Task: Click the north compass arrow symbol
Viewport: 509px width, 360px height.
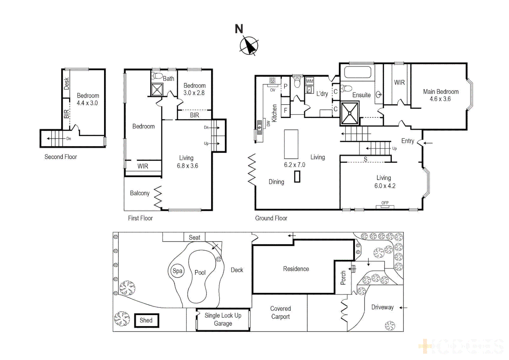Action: click(249, 45)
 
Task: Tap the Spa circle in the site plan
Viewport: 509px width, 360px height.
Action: click(177, 271)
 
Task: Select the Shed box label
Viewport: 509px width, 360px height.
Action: click(146, 320)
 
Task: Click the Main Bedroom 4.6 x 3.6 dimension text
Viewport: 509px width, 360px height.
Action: click(440, 99)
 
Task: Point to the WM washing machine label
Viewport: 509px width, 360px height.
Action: click(310, 81)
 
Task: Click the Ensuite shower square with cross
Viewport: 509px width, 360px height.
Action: click(349, 113)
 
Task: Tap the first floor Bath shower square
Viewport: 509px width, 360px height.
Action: click(157, 90)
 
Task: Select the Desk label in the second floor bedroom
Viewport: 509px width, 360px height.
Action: click(66, 84)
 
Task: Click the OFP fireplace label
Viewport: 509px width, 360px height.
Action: click(385, 203)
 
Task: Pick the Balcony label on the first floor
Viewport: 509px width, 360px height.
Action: click(140, 193)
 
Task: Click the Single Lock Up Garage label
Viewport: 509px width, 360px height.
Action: click(223, 319)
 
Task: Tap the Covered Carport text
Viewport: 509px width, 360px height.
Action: click(280, 313)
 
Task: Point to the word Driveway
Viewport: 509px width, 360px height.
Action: click(382, 307)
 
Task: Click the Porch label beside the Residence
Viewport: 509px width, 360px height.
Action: click(343, 278)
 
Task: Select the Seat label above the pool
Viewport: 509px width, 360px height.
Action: click(194, 237)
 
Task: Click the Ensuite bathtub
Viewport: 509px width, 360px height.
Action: click(357, 72)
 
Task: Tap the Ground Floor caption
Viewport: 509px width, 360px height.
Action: click(271, 218)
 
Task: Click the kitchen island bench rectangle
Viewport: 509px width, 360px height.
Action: click(291, 144)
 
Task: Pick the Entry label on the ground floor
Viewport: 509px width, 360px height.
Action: click(407, 141)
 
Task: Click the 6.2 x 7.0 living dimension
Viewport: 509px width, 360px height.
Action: click(294, 165)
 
